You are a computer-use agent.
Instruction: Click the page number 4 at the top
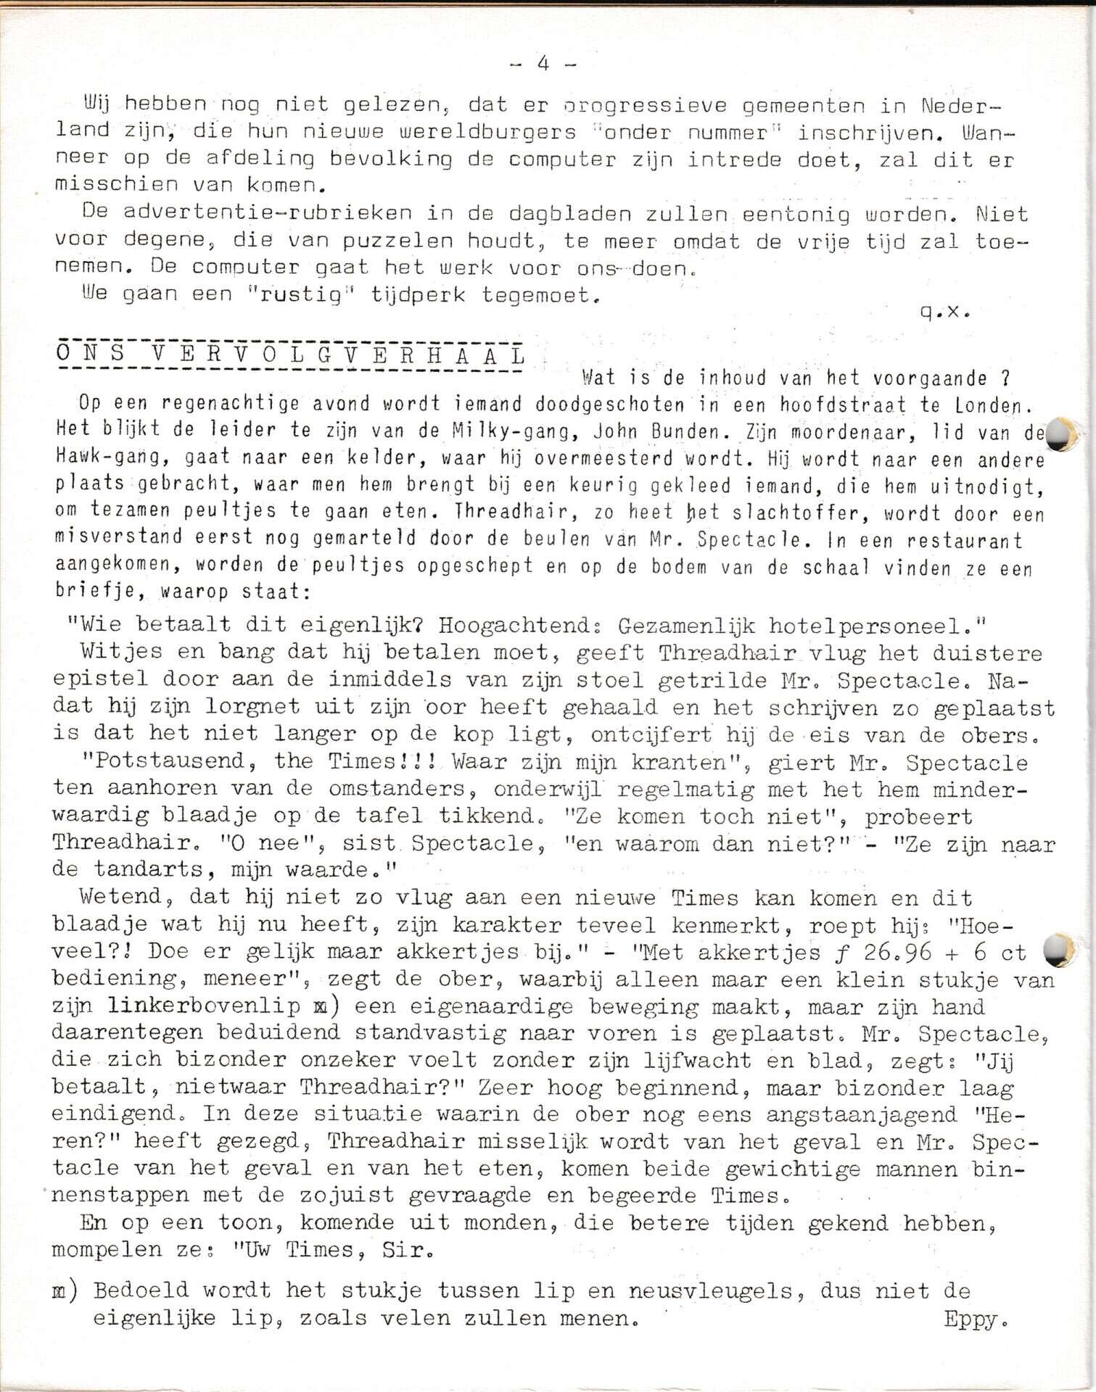click(543, 64)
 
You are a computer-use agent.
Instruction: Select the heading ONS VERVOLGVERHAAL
click(290, 356)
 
